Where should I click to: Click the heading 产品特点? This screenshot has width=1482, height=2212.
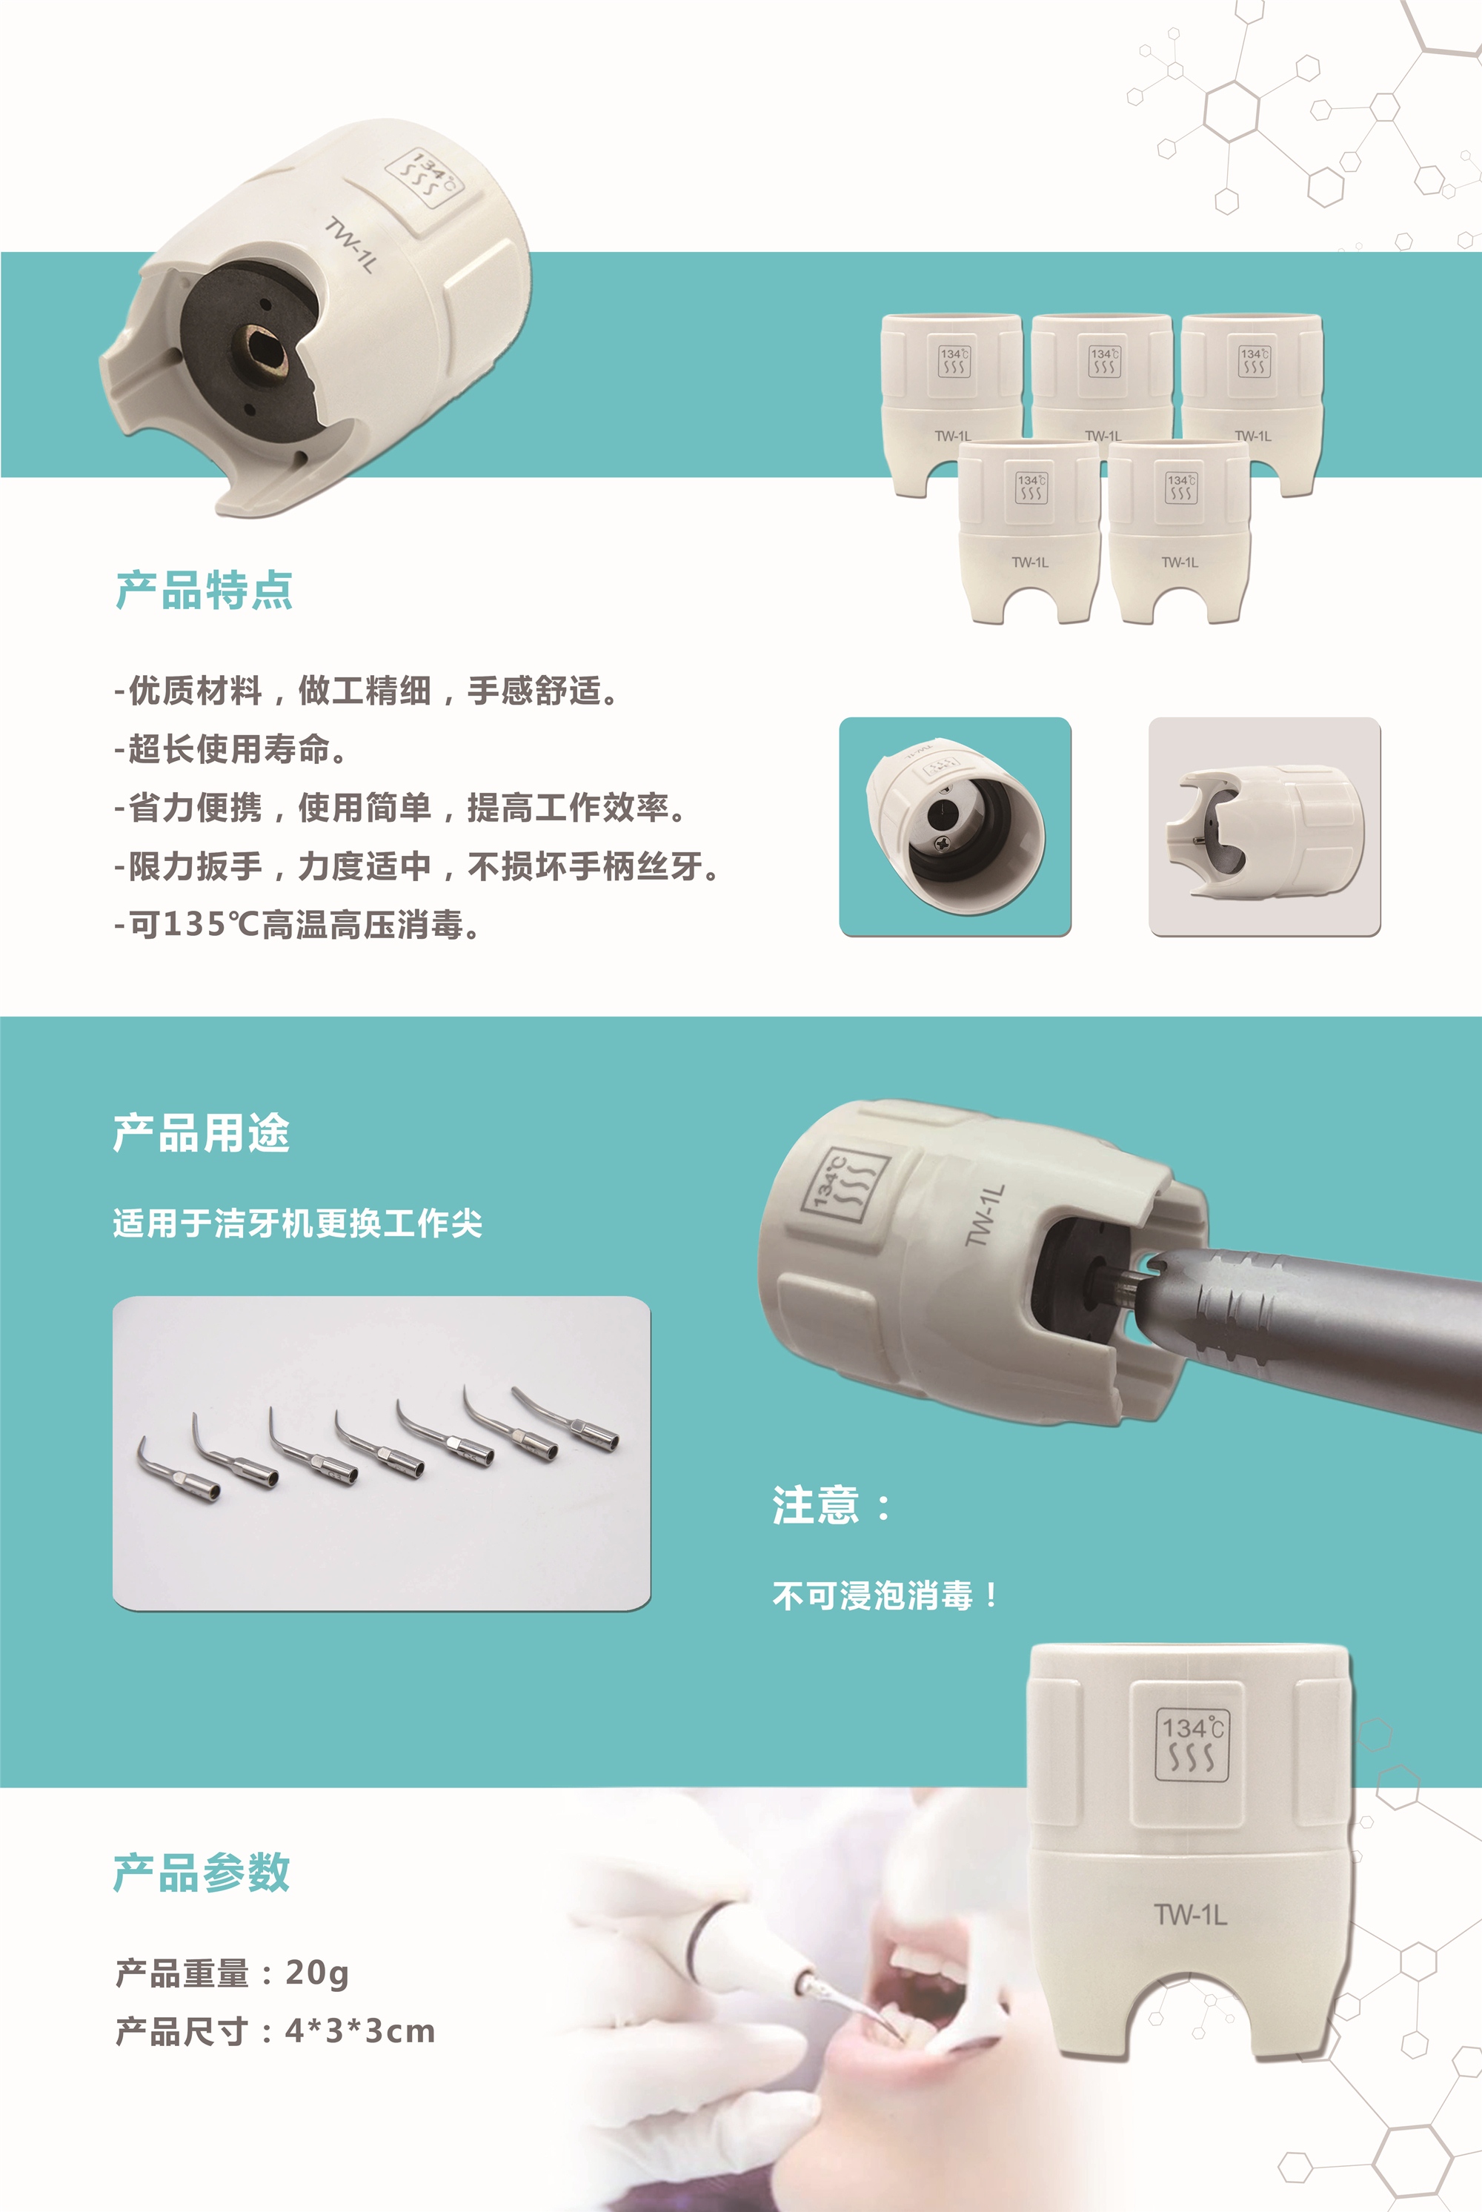click(205, 591)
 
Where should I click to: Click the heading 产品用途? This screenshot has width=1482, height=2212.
click(202, 1132)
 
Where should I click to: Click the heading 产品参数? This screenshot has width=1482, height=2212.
click(202, 1872)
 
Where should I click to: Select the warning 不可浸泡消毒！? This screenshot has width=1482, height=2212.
click(885, 1595)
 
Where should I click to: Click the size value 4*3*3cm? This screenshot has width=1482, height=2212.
click(360, 2030)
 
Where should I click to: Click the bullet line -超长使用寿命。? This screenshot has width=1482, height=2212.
click(231, 748)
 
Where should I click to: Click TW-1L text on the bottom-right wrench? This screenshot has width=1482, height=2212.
click(1191, 1914)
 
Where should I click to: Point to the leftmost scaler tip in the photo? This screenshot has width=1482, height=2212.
click(179, 1472)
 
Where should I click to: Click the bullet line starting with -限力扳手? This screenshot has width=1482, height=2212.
click(416, 866)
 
